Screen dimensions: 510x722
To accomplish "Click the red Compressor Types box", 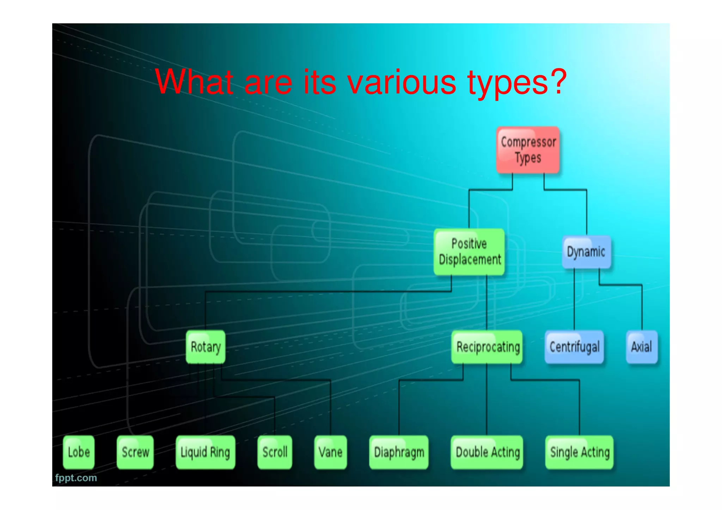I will [528, 150].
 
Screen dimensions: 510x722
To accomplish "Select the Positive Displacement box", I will [469, 252].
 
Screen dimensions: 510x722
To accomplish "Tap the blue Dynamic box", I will [586, 252].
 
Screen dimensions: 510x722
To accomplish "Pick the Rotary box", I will [206, 347].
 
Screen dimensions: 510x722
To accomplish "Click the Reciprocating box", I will [487, 347].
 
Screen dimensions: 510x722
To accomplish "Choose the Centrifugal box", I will [574, 347].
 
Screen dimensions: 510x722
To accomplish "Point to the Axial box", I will [641, 347].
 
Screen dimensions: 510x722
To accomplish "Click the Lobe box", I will [79, 452].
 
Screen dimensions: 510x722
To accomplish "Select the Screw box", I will [135, 452].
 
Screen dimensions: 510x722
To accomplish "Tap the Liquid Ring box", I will [205, 452].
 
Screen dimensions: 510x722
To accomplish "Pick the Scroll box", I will [275, 452].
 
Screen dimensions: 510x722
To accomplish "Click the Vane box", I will [330, 452].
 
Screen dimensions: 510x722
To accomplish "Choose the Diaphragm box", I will [399, 452].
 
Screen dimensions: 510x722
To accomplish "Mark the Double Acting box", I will [487, 452].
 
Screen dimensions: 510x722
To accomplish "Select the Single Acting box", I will [580, 452].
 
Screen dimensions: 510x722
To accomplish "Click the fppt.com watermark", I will [76, 478].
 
